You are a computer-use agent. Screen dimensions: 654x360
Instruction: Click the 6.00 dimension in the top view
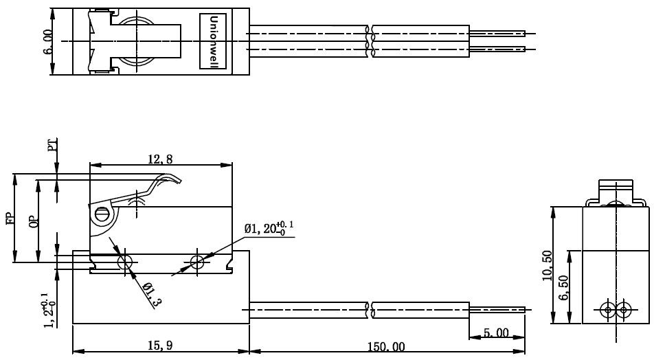click(47, 42)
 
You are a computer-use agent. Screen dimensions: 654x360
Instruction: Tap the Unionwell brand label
click(213, 41)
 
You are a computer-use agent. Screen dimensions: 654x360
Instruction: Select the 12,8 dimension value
click(160, 159)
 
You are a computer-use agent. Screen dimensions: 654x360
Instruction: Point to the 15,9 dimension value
click(160, 346)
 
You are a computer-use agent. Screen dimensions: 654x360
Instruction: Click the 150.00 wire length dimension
click(386, 347)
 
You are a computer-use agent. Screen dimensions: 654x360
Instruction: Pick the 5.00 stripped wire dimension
click(496, 333)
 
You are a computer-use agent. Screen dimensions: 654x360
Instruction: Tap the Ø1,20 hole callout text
click(269, 227)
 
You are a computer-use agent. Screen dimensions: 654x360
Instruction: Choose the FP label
click(10, 218)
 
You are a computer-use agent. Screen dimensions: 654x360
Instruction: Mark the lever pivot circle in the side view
click(101, 214)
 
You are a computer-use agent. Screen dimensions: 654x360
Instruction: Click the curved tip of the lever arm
click(176, 179)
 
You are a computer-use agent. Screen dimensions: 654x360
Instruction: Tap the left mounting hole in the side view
click(125, 262)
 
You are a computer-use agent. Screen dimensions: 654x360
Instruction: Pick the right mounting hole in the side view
click(197, 262)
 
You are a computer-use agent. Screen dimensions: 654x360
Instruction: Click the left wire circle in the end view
click(608, 310)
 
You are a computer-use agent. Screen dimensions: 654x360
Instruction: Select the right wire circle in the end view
click(623, 310)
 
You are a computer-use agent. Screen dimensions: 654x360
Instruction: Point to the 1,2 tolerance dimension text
click(48, 311)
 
